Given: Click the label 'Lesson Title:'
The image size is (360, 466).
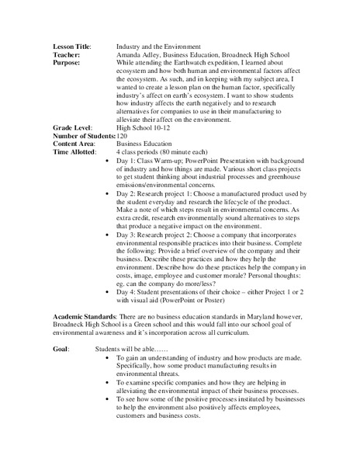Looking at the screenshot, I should tap(71, 47).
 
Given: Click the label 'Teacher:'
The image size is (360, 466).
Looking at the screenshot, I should tap(65, 55).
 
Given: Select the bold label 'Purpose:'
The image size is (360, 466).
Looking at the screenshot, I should tap(67, 64).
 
